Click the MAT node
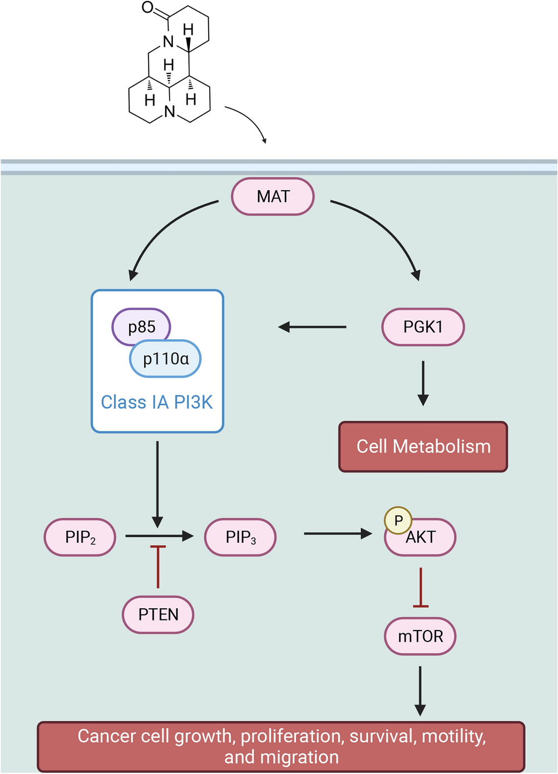coord(273,196)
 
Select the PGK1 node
coord(423,327)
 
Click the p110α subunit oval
coord(166,359)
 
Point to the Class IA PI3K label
coord(157,402)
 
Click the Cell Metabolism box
coord(423,446)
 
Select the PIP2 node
coord(80,537)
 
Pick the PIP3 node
coord(240,537)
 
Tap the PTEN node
coord(158,614)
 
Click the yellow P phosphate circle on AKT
coord(398,520)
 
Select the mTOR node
coord(420,636)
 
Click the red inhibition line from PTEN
coord(158,567)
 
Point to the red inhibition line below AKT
coord(421,587)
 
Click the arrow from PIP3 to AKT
coord(338,534)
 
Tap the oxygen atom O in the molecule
coord(147,7)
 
